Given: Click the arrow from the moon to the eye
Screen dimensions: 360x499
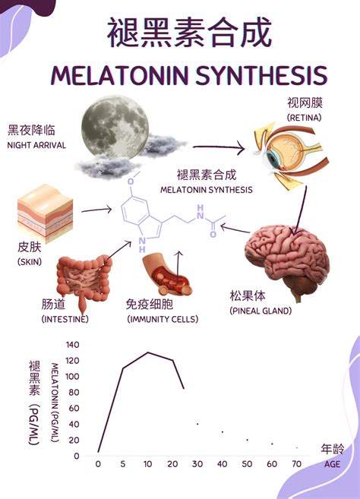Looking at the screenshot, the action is point(219,147).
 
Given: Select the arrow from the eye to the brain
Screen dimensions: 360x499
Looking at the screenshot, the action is point(301,210).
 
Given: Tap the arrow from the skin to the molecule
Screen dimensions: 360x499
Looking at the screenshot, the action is point(96,210).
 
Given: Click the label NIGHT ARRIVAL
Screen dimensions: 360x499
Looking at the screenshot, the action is point(36,145).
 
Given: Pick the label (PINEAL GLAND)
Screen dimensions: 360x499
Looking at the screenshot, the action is point(261,311).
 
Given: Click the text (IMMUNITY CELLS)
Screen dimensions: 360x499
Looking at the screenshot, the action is point(163,319).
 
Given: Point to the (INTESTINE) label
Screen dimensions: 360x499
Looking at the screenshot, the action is point(65,319).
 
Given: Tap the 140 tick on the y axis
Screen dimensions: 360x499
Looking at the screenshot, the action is point(72,345).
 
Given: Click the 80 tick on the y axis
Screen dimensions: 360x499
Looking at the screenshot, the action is point(74,393).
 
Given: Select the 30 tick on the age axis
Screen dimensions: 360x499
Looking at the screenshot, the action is point(197,464).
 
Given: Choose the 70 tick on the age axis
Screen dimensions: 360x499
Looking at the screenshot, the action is point(297,464).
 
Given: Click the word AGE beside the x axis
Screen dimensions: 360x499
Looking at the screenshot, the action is point(333,464).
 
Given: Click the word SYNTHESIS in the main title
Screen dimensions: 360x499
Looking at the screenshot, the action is point(261,75).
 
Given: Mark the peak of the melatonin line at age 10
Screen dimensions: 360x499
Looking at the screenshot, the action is point(147,352).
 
